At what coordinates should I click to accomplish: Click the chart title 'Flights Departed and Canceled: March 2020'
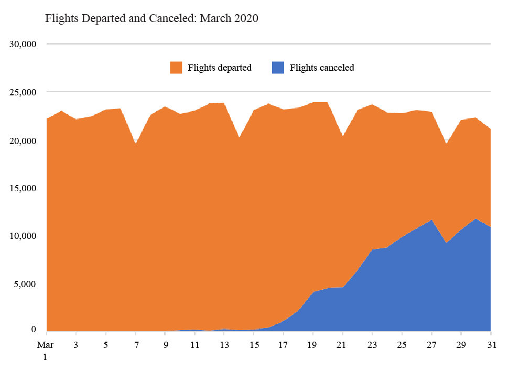coord(152,19)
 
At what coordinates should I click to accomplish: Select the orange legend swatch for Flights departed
coord(176,68)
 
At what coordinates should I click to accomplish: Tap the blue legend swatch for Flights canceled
coord(278,68)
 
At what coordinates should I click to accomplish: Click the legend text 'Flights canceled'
coord(322,68)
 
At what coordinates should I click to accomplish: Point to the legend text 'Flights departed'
coord(220,68)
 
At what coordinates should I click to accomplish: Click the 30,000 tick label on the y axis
coord(23,44)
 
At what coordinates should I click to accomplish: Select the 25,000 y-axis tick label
coord(23,92)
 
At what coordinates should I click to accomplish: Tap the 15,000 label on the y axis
coord(23,188)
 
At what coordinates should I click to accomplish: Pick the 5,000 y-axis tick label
coord(25,284)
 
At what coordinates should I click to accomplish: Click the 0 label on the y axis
coord(34,330)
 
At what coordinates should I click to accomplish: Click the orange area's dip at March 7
coord(136,145)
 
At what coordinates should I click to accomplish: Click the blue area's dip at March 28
coord(446,244)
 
